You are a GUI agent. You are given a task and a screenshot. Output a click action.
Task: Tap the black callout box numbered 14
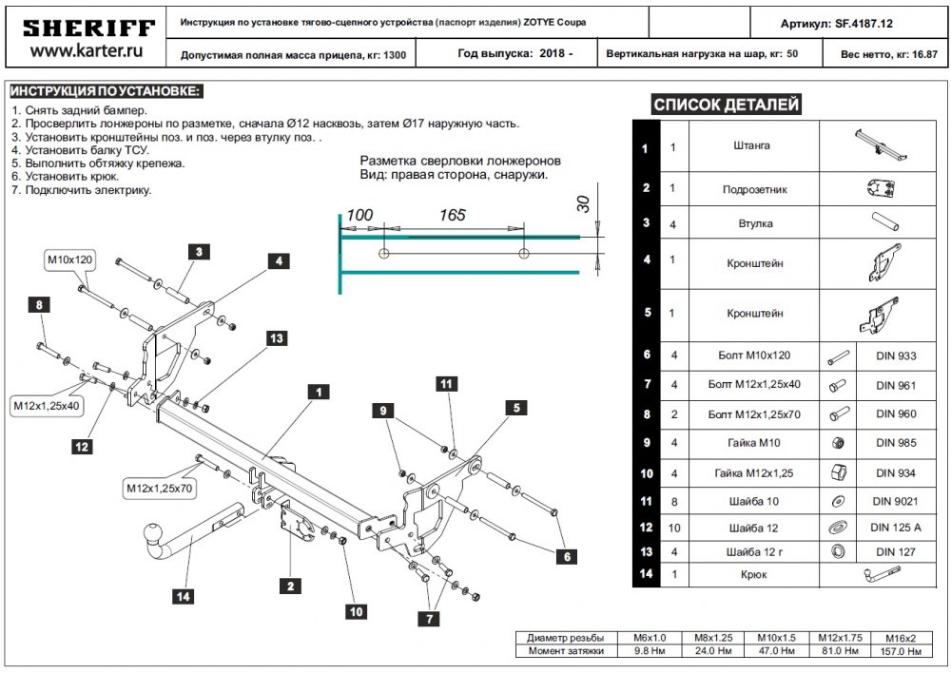pos(183,597)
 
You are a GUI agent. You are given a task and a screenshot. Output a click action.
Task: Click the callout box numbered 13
pos(276,338)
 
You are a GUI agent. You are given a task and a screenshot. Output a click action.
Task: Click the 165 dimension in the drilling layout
pos(453,216)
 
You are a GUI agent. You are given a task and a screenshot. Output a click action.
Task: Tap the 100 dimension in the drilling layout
pos(359,216)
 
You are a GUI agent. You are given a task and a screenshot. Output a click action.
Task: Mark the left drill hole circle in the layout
pos(382,254)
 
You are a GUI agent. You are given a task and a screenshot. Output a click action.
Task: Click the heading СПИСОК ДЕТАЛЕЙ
pos(726,106)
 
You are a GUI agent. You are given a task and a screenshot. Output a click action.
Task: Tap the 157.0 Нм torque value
pos(900,652)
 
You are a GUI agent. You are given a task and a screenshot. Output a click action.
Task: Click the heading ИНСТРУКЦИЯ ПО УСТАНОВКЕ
pos(106,91)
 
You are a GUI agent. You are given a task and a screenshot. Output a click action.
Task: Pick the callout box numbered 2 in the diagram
pos(287,586)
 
